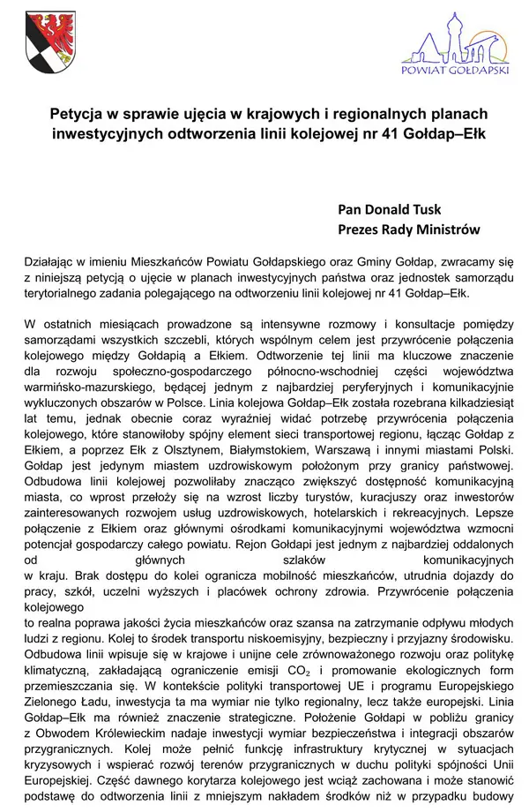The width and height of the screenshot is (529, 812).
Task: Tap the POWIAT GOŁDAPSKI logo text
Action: coord(455,71)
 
